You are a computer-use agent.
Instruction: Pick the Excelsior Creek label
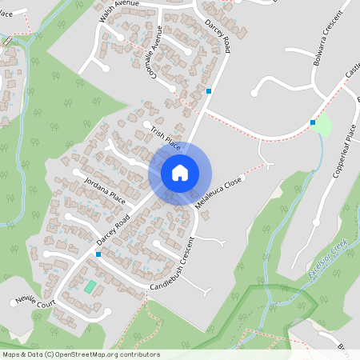coord(329,266)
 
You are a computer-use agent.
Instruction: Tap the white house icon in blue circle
coord(180,173)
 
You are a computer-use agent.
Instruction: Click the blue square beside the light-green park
coord(313,122)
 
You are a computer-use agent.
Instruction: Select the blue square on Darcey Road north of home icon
coord(209,91)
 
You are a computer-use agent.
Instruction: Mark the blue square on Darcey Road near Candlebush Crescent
coord(98,254)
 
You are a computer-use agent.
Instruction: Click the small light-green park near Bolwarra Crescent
coord(322,125)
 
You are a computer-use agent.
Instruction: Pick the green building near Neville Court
coord(90,286)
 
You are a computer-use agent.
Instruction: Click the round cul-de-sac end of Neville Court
coord(105,311)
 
